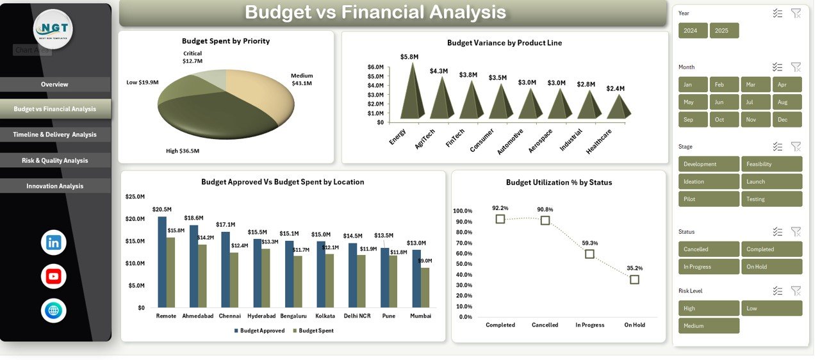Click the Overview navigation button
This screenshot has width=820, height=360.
pyautogui.click(x=54, y=85)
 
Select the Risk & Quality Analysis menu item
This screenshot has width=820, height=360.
pyautogui.click(x=54, y=161)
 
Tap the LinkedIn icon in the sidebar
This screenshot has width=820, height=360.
pyautogui.click(x=53, y=243)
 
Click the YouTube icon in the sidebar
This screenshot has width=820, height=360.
pyautogui.click(x=53, y=277)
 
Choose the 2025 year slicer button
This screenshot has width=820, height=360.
pyautogui.click(x=724, y=31)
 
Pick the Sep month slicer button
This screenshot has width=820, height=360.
pyautogui.click(x=693, y=120)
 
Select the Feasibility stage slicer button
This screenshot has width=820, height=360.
pyautogui.click(x=771, y=164)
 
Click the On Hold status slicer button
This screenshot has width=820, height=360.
pyautogui.click(x=771, y=266)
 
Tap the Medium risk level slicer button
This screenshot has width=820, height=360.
pyautogui.click(x=709, y=326)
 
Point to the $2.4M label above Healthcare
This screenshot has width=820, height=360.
pyautogui.click(x=615, y=88)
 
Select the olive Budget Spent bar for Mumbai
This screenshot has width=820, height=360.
pyautogui.click(x=425, y=288)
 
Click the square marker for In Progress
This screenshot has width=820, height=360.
pyautogui.click(x=589, y=254)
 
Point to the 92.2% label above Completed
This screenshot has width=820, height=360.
pyautogui.click(x=500, y=208)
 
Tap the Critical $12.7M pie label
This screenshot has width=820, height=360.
pyautogui.click(x=192, y=57)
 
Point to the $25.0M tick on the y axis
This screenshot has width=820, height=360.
pyautogui.click(x=135, y=197)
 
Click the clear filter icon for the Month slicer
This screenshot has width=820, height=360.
pyautogui.click(x=796, y=67)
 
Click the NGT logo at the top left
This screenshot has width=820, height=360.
pyautogui.click(x=53, y=29)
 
